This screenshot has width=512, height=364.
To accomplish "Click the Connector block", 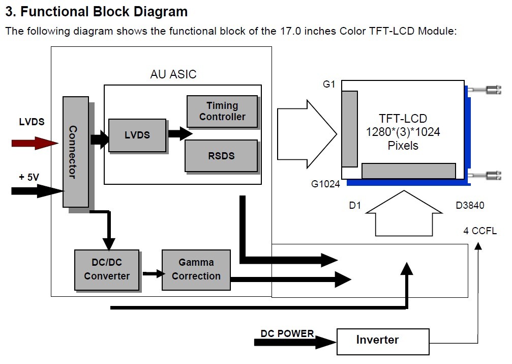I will [75, 152].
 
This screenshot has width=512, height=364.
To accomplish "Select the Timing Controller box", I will [222, 111].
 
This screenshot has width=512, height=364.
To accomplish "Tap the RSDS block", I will [221, 155].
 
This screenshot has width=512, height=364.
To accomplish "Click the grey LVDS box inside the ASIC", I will [137, 135].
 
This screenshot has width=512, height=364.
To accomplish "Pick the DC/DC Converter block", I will [107, 269].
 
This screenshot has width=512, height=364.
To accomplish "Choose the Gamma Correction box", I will [196, 269].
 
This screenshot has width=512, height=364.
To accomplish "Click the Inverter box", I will [377, 340].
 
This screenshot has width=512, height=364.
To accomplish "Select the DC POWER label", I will [287, 334].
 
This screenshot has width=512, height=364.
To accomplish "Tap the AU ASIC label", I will [173, 74].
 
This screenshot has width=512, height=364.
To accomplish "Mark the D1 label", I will [355, 205].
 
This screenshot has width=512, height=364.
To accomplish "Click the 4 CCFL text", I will [480, 231].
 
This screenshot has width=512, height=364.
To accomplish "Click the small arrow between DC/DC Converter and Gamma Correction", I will [154, 273].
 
